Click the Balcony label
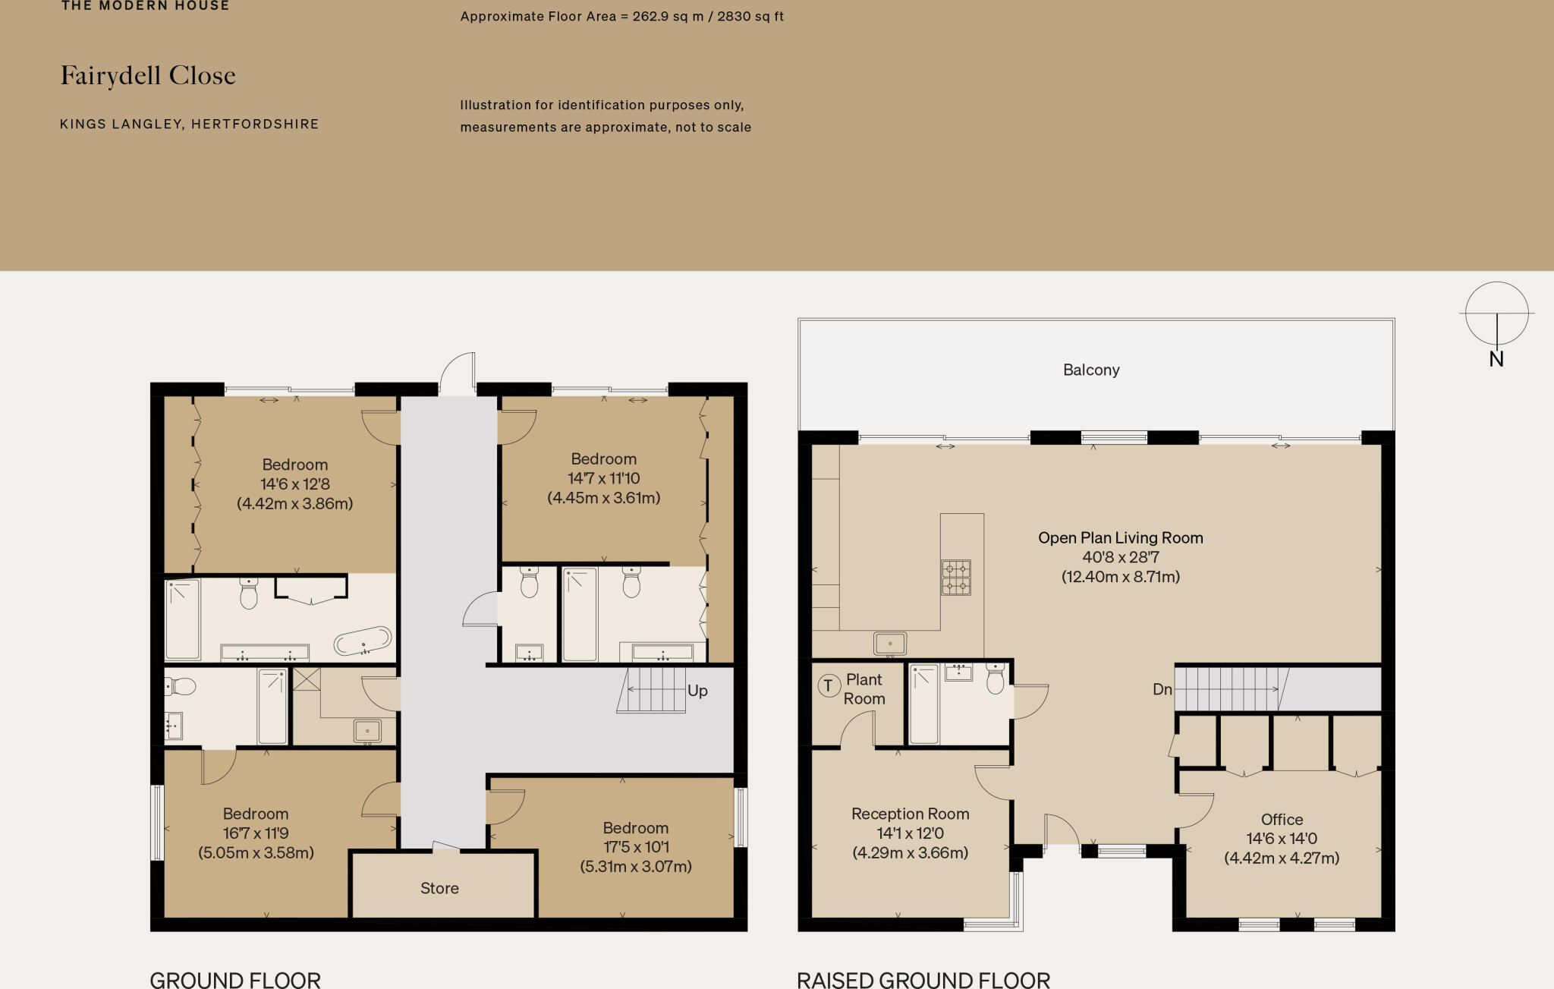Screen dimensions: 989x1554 click(1090, 370)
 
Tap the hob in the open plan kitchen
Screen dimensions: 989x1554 click(955, 578)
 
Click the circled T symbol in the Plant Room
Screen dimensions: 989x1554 click(828, 686)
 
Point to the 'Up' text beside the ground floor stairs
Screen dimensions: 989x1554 click(697, 691)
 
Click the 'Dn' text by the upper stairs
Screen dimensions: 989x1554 click(1162, 689)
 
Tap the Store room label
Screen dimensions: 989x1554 click(439, 888)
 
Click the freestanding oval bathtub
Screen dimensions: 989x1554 click(363, 641)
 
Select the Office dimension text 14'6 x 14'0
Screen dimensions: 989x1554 click(1281, 839)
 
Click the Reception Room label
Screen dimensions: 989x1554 click(910, 814)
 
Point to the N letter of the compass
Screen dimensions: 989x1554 click(1496, 359)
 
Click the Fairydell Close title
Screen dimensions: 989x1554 click(148, 76)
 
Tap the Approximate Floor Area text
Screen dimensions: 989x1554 click(621, 16)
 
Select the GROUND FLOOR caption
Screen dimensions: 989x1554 click(235, 980)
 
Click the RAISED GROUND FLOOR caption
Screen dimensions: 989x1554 click(923, 980)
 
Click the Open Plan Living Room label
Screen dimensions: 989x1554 click(1120, 537)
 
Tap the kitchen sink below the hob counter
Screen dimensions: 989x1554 click(889, 644)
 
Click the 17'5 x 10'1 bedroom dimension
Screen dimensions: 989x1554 click(635, 847)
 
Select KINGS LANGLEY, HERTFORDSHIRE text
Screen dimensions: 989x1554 click(189, 124)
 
